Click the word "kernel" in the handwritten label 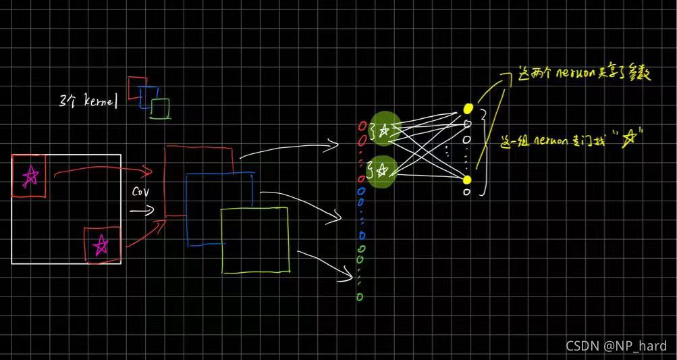tap(101, 102)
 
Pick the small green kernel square tap(161, 109)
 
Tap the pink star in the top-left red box tap(30, 177)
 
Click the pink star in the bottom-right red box tap(101, 245)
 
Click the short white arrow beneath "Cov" tap(142, 211)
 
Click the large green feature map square tap(255, 240)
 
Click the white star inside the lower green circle tap(383, 172)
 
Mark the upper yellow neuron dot tap(468, 108)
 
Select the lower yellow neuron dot tap(467, 179)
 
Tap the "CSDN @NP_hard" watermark tap(616, 346)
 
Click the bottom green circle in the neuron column tap(359, 297)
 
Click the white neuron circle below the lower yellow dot tap(466, 192)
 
